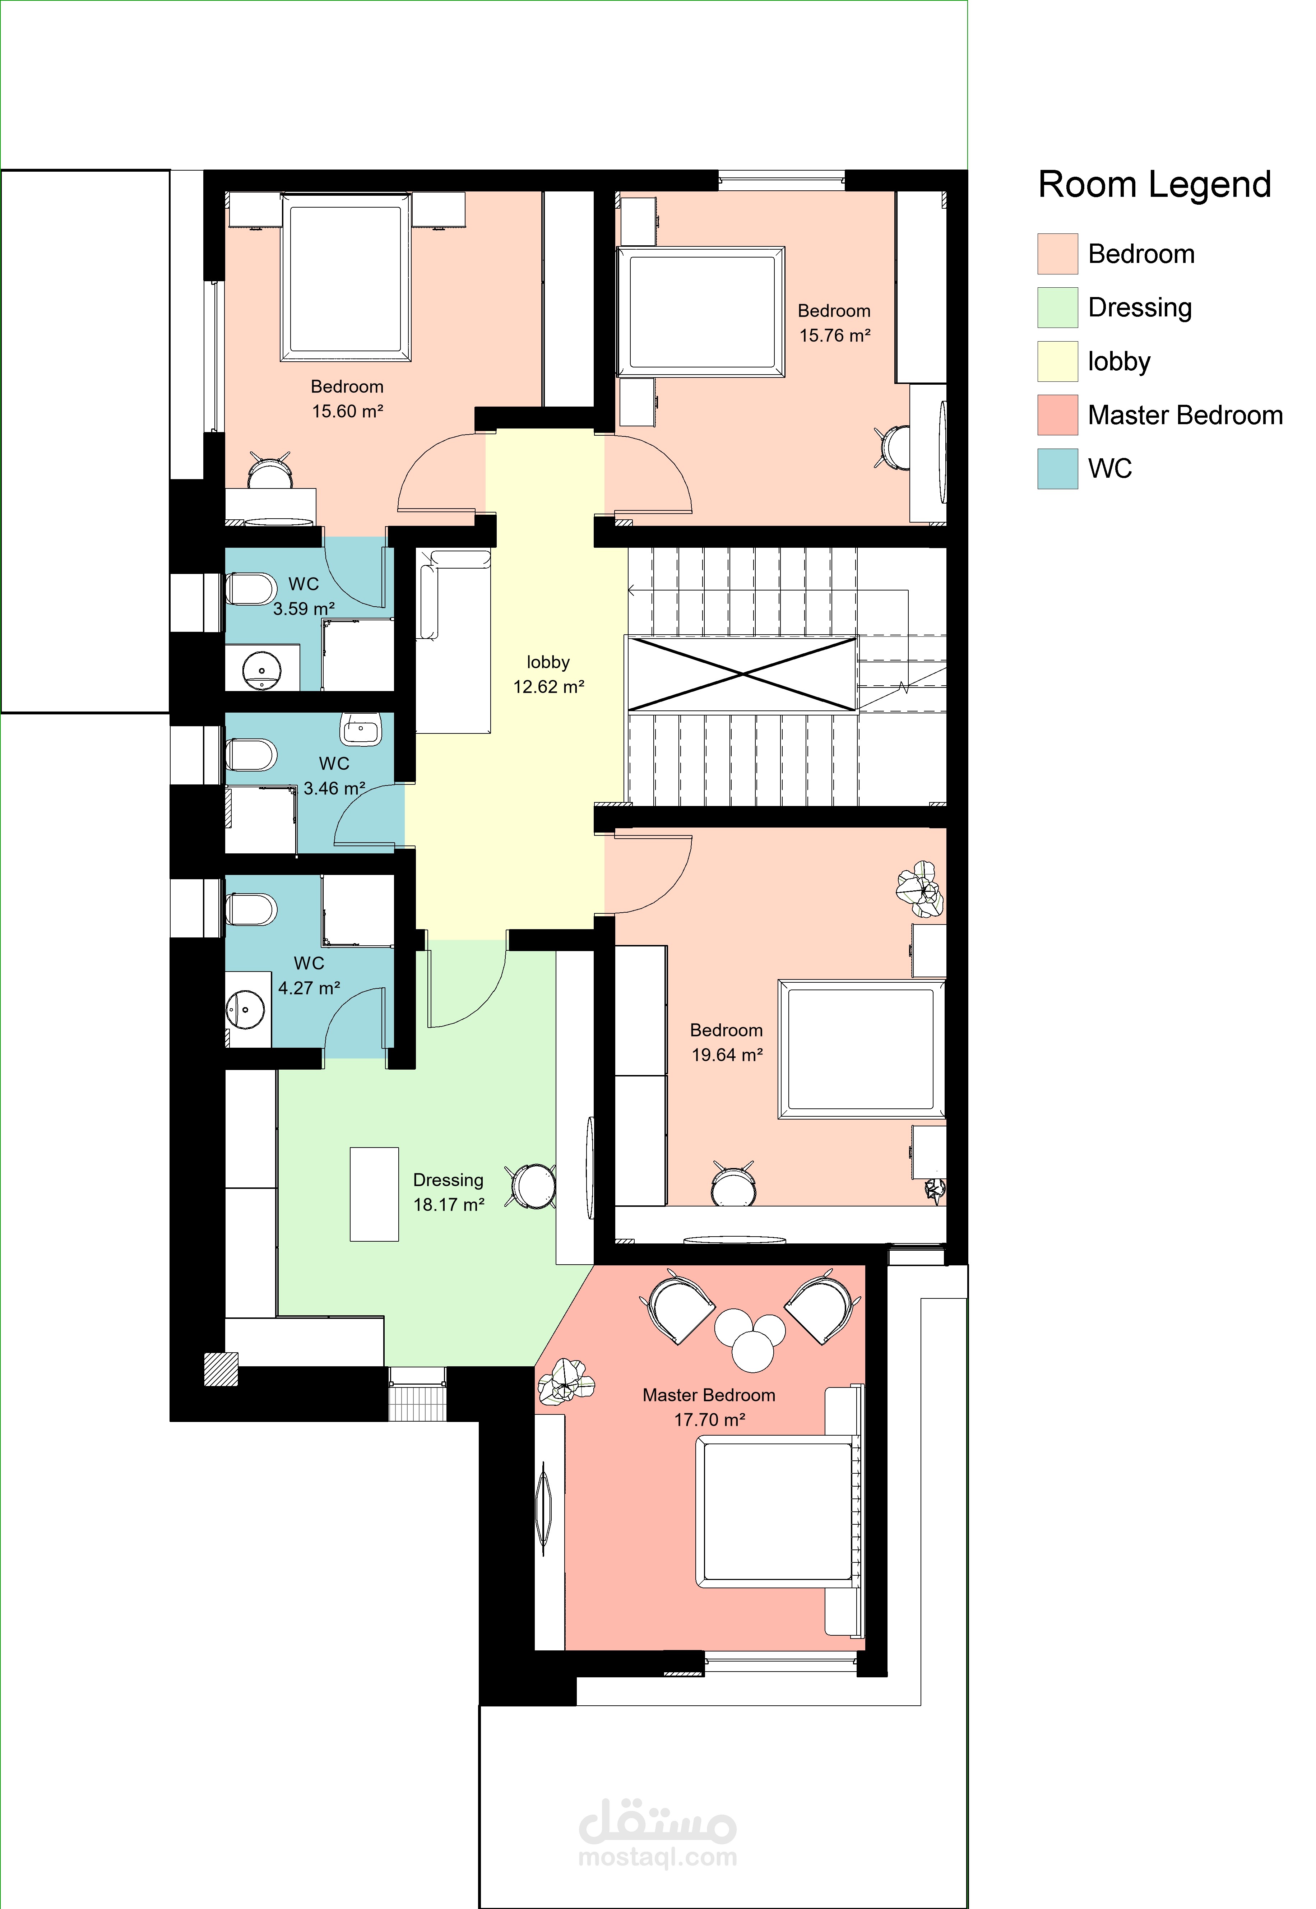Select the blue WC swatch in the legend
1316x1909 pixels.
pyautogui.click(x=1058, y=468)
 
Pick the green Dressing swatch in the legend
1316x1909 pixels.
pyautogui.click(x=1058, y=307)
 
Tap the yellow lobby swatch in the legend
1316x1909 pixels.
pyautogui.click(x=1058, y=361)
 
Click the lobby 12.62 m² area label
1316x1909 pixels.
pyautogui.click(x=548, y=675)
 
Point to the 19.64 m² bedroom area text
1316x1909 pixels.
pyautogui.click(x=727, y=1055)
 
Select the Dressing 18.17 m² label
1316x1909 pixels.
pyautogui.click(x=449, y=1192)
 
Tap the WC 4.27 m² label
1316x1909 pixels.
pyautogui.click(x=309, y=976)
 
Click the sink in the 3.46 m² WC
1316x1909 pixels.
pyautogui.click(x=360, y=729)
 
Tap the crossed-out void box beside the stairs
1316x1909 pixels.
pyautogui.click(x=743, y=674)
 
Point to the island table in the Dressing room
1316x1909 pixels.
pyautogui.click(x=374, y=1194)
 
